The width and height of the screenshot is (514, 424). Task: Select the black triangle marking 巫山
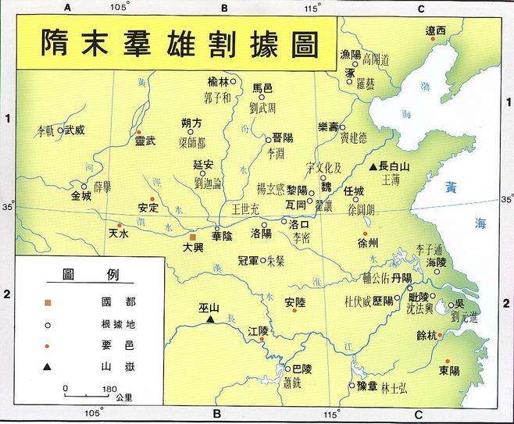pos(210,319)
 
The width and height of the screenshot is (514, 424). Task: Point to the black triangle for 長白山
pos(373,166)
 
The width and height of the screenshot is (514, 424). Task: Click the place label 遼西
pos(435,30)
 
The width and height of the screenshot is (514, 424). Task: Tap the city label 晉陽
pos(283,137)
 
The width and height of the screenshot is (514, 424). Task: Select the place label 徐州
pos(367,244)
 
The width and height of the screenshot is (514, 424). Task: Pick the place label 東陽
pos(448,370)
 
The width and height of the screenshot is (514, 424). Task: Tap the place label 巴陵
pos(302,369)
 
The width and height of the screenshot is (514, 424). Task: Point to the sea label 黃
pos(452,187)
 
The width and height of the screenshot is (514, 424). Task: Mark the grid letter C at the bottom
pos(419,415)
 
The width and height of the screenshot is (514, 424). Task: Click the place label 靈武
pos(145,141)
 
